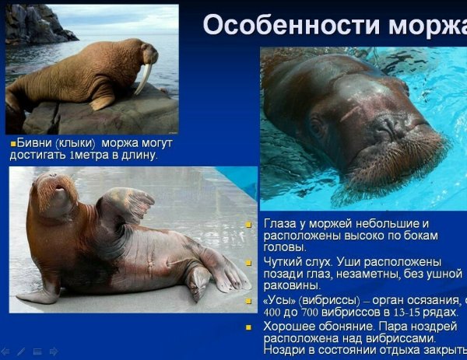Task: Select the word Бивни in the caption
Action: [36, 144]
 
